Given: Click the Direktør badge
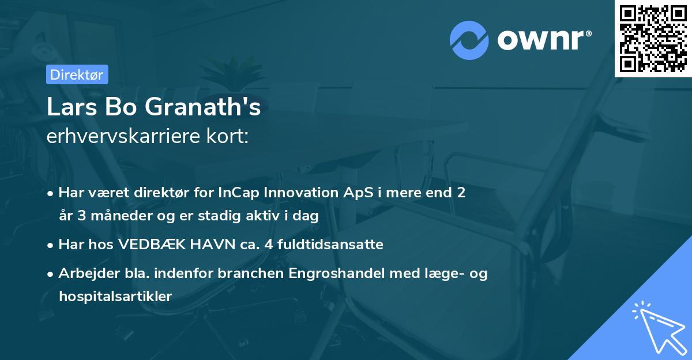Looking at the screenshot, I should [76, 74].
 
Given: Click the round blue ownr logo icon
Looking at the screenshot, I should [469, 40].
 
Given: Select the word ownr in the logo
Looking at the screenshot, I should [541, 40].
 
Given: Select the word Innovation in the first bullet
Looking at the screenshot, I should [299, 193].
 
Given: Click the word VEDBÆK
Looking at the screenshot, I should [152, 245].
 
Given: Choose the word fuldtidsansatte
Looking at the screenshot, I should [330, 245].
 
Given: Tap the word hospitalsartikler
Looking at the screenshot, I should [115, 297].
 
